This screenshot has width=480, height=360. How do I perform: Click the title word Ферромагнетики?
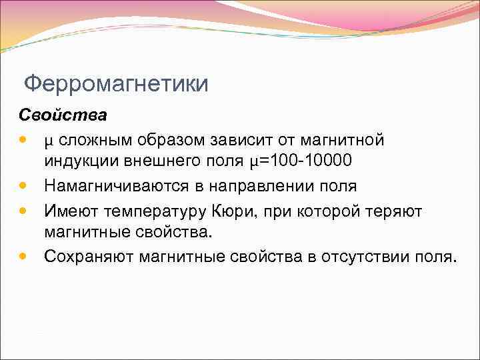click(x=116, y=85)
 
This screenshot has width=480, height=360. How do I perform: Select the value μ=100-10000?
click(x=301, y=162)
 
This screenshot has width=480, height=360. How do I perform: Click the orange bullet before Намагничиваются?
click(x=24, y=186)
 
